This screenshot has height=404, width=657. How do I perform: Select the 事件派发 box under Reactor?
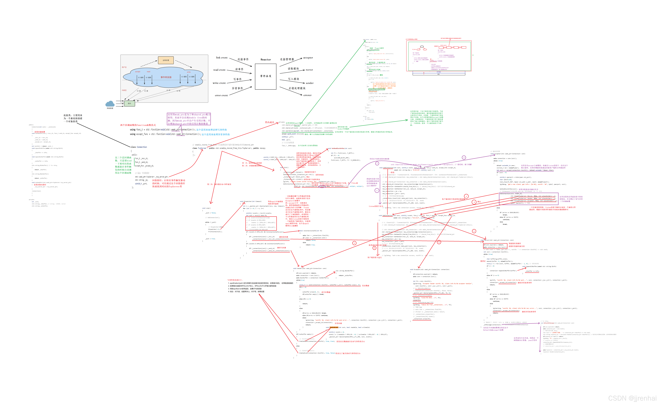click(x=266, y=76)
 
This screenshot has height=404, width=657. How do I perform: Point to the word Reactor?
click(x=266, y=60)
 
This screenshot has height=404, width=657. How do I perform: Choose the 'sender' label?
click(x=309, y=83)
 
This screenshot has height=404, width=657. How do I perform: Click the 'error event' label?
click(x=221, y=95)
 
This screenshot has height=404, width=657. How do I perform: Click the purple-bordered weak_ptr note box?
click(x=189, y=119)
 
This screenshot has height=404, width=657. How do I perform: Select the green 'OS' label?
click(x=473, y=55)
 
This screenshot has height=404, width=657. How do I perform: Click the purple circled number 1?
click(x=377, y=163)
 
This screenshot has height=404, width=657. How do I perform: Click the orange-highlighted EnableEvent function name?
click(x=334, y=327)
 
